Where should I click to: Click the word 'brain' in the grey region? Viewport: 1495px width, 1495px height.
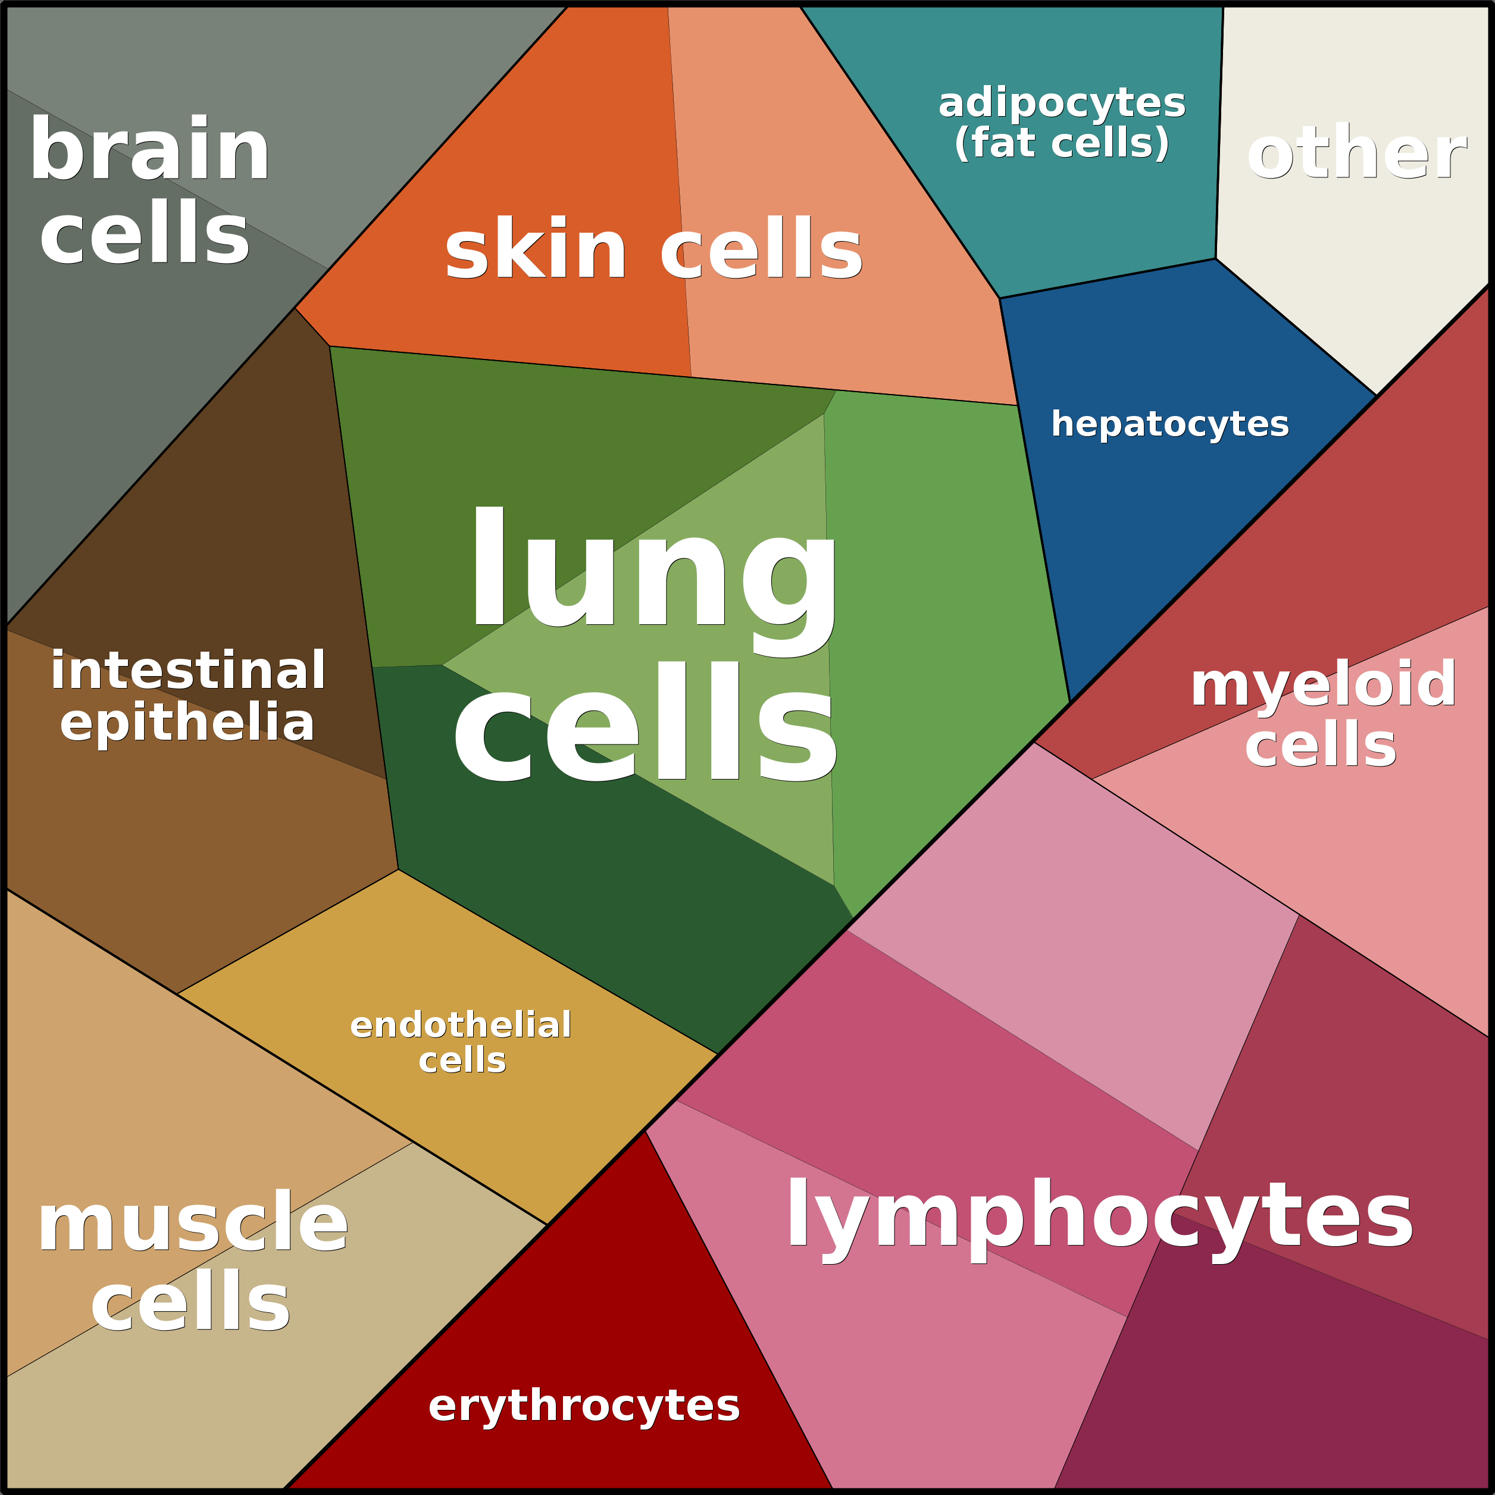(149, 151)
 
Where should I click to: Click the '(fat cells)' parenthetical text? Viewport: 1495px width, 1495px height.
(1061, 143)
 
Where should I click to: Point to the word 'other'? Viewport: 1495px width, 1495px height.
(1356, 153)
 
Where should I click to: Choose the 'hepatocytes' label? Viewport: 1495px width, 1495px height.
(1169, 424)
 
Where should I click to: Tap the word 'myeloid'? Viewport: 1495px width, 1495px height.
(1323, 683)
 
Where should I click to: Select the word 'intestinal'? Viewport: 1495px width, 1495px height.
(188, 670)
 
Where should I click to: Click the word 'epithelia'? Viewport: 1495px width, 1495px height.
(188, 722)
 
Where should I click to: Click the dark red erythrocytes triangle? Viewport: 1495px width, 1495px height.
(588, 1315)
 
